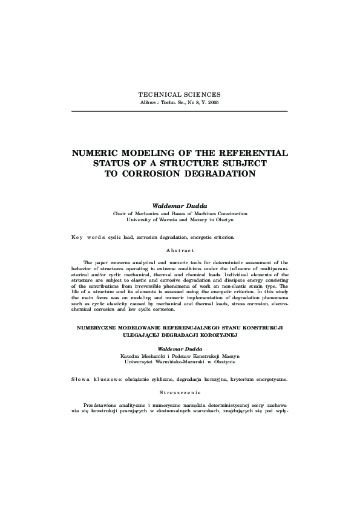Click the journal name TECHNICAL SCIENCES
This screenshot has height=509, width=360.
click(180, 95)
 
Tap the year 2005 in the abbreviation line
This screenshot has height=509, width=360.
click(213, 103)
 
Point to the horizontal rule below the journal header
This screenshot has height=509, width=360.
click(180, 111)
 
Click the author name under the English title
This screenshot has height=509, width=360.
click(180, 206)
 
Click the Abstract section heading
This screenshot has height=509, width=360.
click(180, 250)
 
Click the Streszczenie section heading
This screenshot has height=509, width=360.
click(180, 392)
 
